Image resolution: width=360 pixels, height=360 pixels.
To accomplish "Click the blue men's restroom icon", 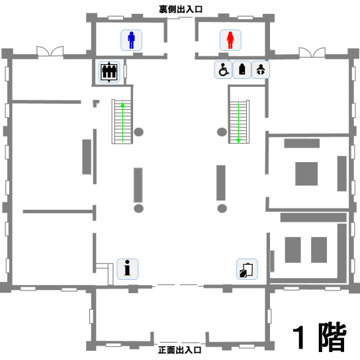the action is [x=131, y=40].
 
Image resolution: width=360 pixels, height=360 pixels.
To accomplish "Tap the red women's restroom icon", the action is [x=230, y=40].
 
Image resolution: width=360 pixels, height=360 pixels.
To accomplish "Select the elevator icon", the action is [x=109, y=72].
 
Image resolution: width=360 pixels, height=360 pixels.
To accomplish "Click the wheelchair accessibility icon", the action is [x=223, y=69].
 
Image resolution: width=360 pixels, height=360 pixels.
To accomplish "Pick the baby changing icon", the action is [x=261, y=69].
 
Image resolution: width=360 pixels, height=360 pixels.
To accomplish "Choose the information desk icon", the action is [x=128, y=269].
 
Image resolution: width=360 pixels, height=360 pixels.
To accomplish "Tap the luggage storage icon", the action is [x=247, y=269].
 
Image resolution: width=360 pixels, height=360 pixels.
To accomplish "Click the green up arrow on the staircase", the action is [x=122, y=122].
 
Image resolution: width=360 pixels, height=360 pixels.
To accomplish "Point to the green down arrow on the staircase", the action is [x=238, y=123].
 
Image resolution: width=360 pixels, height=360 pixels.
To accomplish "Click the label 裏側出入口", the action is [x=181, y=9].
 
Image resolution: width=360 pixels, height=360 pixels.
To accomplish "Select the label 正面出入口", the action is [x=179, y=350].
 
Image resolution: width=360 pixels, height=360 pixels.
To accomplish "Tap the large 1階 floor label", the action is [x=320, y=337].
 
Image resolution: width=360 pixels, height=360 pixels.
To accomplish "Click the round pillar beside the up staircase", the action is [x=139, y=132].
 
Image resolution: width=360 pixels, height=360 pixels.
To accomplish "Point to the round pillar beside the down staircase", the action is [x=222, y=132].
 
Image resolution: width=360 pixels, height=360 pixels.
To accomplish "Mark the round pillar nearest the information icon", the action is [x=139, y=208].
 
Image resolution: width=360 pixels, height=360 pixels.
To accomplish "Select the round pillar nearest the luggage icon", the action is [x=222, y=208].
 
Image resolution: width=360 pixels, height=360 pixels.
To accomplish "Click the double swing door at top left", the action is [x=50, y=51].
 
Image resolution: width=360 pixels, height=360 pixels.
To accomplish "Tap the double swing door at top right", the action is [x=312, y=52].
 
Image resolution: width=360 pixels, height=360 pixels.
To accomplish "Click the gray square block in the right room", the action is [x=306, y=174].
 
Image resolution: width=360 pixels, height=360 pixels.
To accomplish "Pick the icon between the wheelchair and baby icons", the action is [x=242, y=69].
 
